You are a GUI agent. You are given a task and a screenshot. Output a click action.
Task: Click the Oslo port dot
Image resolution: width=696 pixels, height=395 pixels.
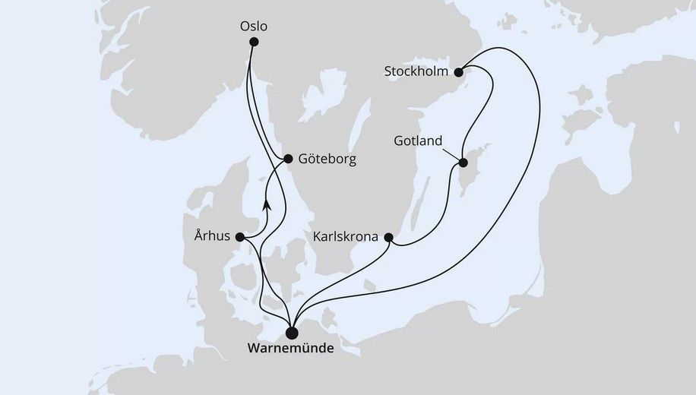tap(254, 42)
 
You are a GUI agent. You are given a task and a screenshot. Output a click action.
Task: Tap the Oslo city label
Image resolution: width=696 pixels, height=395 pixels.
tap(253, 25)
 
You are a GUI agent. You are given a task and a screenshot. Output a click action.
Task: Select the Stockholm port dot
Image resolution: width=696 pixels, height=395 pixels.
tap(458, 72)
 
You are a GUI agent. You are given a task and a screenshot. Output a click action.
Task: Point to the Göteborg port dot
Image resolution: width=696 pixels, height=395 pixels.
tap(288, 160)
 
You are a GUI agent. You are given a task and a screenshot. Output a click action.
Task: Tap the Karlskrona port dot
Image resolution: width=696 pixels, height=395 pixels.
tap(389, 237)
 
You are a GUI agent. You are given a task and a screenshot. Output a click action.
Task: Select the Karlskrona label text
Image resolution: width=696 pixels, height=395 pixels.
tap(346, 237)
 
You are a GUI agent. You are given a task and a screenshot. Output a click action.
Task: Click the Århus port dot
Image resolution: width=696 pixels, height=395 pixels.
tap(241, 237)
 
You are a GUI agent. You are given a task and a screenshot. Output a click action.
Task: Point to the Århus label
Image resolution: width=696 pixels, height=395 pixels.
tap(210, 237)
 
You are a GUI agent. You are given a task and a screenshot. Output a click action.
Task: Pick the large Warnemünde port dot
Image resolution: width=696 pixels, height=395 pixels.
tap(293, 332)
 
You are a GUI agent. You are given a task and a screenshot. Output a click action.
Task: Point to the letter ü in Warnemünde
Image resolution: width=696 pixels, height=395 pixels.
tap(314, 351)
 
